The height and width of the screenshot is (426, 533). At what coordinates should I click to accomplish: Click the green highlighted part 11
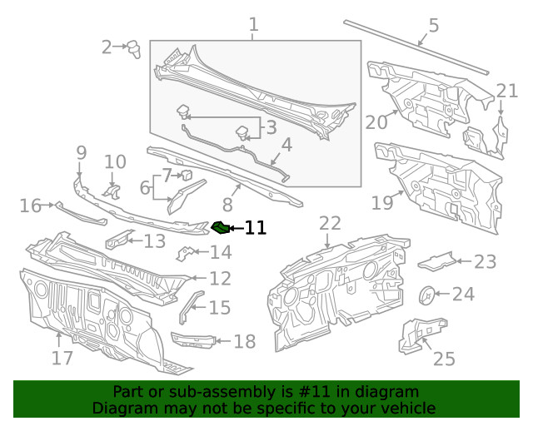point(222,227)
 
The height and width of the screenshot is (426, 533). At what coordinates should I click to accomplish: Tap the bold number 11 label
point(255,228)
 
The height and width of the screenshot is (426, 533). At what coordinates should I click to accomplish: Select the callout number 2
point(107,47)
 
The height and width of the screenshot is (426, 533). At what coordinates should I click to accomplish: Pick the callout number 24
point(463,294)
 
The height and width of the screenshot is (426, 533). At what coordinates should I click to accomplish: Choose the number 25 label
point(444,359)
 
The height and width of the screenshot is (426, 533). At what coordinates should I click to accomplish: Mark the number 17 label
point(62,359)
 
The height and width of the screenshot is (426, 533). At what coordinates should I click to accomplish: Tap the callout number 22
point(330,223)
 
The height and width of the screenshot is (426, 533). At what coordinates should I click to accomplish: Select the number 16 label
point(31,206)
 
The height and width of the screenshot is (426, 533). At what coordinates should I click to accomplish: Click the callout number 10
point(115,161)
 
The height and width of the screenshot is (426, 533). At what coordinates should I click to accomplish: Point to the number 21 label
point(507,91)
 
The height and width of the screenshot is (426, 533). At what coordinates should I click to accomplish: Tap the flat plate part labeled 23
point(435,261)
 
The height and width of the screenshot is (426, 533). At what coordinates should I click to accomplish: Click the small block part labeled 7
point(187,175)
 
